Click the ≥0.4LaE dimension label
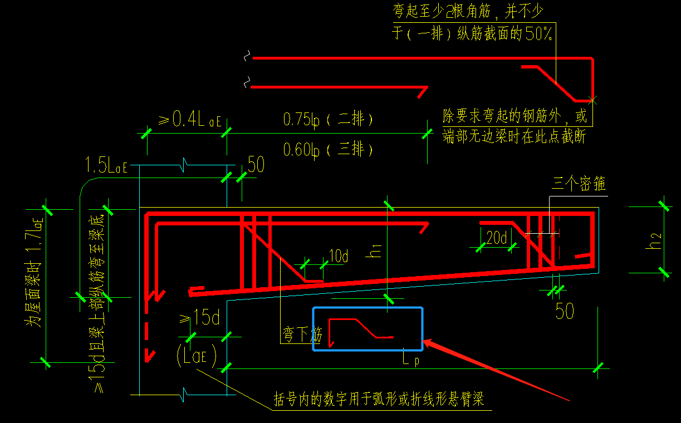tap(189, 120)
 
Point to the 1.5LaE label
tap(106, 165)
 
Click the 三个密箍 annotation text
tap(579, 183)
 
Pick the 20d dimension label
tap(497, 238)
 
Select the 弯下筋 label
tap(301, 335)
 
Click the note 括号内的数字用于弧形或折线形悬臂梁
tap(379, 399)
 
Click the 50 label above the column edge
tap(256, 165)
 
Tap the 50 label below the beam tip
tap(564, 311)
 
